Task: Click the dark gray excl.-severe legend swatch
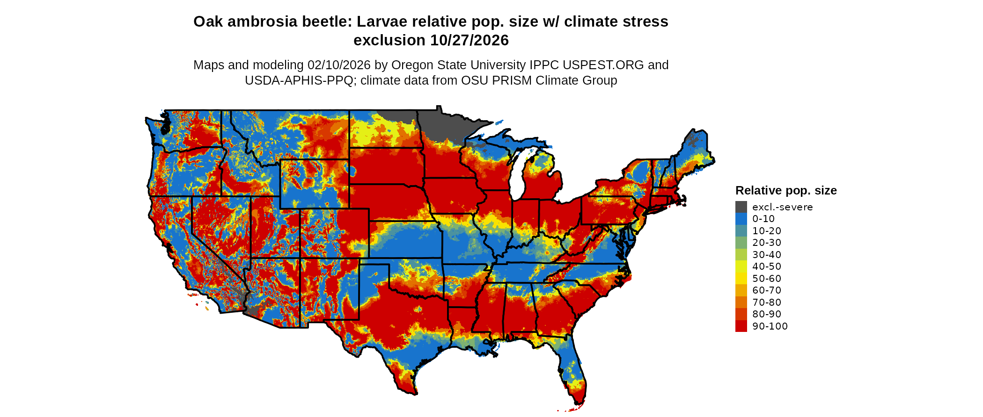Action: point(741,207)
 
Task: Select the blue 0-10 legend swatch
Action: point(741,219)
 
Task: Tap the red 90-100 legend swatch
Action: point(741,326)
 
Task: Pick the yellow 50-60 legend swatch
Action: point(741,279)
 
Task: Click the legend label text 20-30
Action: point(767,243)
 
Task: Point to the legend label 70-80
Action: point(767,302)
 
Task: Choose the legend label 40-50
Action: point(767,266)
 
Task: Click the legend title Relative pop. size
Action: point(786,191)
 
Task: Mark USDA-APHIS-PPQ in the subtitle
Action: point(299,80)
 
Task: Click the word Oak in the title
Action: point(208,22)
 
